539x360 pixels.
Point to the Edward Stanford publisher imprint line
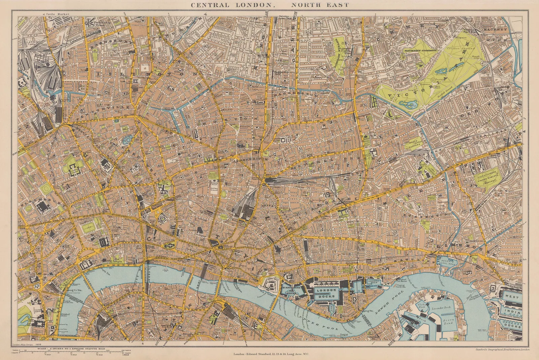pyautogui.click(x=271, y=354)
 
